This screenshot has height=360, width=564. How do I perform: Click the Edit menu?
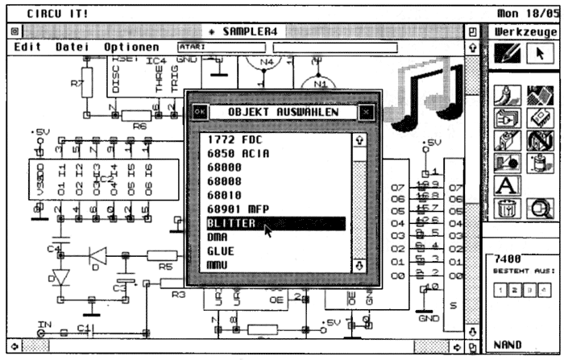(27, 48)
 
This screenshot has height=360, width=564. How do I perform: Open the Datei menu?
(73, 48)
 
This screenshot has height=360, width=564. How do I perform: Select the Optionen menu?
(131, 48)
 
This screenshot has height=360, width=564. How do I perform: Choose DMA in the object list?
(218, 238)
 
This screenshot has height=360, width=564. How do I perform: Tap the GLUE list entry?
(221, 251)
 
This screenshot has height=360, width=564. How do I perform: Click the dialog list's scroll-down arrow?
(359, 265)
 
